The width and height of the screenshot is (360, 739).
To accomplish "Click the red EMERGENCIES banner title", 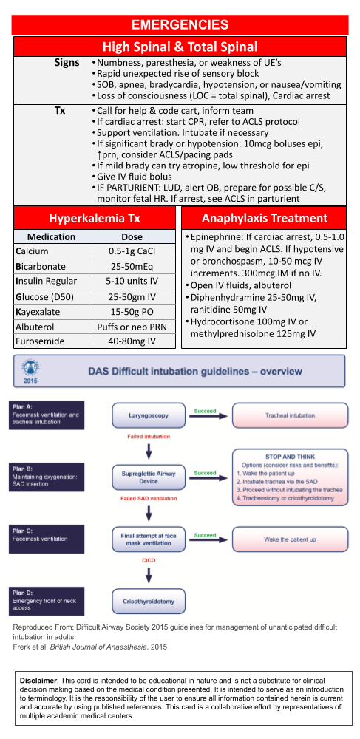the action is tap(180, 24).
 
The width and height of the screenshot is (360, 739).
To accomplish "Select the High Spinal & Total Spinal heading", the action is tap(180, 47).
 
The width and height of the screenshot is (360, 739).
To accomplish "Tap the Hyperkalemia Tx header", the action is tap(95, 218).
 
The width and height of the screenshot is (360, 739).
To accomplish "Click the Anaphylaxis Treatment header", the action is tap(265, 218).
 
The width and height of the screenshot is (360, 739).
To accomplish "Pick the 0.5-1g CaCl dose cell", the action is tap(132, 252).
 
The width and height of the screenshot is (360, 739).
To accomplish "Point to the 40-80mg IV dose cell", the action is tap(132, 341).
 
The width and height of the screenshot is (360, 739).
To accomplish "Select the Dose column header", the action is tap(132, 237).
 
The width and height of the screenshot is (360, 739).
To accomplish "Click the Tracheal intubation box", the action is tap(290, 415).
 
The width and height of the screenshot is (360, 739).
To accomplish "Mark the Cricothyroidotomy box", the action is tap(149, 602).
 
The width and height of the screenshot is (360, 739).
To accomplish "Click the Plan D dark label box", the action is tap(46, 601).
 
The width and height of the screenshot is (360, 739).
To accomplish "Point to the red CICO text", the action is tap(149, 561).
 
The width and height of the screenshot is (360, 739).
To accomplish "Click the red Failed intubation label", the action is tap(149, 437).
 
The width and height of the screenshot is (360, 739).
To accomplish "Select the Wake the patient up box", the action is tap(290, 539).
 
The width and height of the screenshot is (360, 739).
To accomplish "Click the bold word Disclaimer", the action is tap(38, 681).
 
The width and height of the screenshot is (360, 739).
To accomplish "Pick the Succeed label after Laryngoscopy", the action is tap(205, 410).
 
